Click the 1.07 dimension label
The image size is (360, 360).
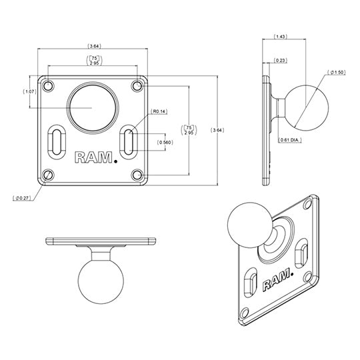(x=29, y=91)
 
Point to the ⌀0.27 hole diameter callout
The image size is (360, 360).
(x=22, y=198)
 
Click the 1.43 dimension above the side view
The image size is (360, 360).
(x=281, y=38)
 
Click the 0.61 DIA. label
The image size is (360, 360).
(x=291, y=139)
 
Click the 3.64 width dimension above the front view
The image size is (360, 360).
(x=95, y=46)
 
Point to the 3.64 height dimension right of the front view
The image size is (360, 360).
(x=215, y=130)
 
